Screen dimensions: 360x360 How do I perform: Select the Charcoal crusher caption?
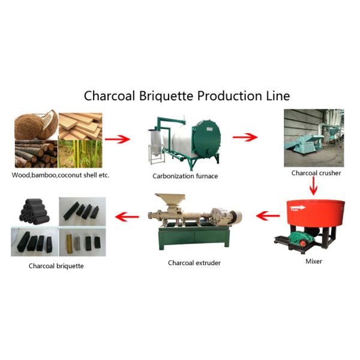coord(316,173)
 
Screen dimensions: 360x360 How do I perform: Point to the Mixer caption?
coord(313,261)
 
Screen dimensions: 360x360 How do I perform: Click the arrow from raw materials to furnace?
coord(118,140)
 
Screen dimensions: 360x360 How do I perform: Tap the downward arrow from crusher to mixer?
coord(313,187)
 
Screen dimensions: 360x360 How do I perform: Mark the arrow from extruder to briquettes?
coord(127,215)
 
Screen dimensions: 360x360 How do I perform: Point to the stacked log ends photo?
coord(35,155)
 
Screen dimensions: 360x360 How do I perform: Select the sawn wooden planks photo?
coord(81,125)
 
